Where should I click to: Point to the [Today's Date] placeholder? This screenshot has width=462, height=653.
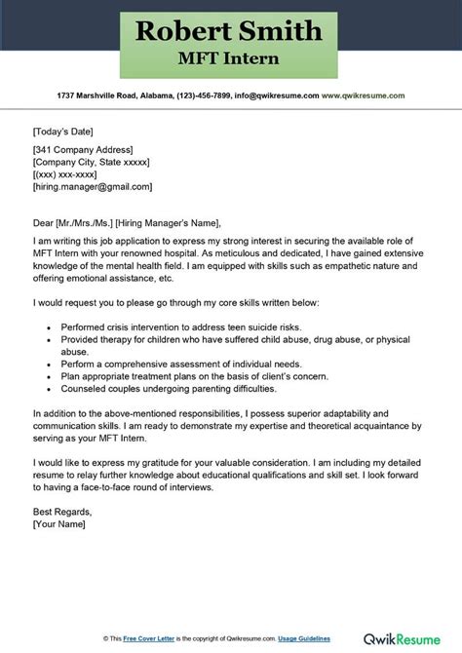click(66, 127)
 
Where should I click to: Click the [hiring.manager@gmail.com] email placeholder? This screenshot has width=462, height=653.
click(93, 186)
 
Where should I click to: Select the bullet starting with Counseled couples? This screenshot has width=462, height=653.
click(168, 385)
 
